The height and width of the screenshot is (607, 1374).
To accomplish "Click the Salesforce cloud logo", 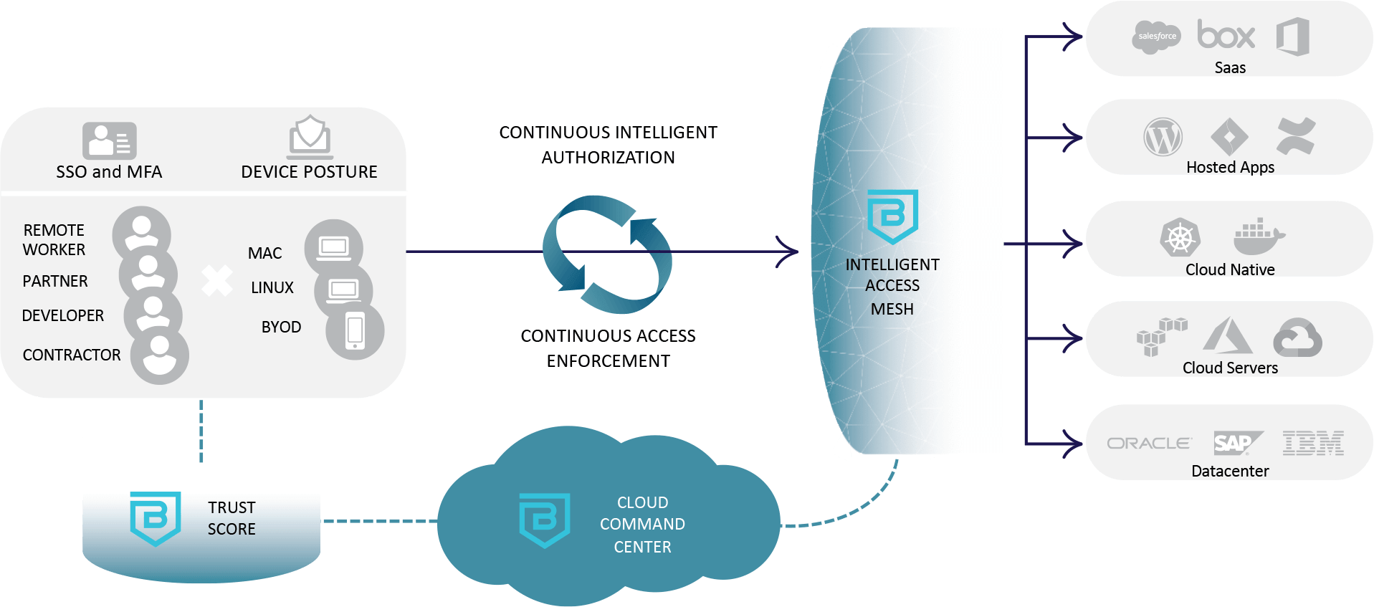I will (x=1156, y=36).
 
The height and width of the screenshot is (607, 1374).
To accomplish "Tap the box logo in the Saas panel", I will (x=1226, y=34).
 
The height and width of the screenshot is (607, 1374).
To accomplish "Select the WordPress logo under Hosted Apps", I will (x=1163, y=137).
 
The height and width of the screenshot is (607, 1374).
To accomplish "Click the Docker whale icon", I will (x=1259, y=236).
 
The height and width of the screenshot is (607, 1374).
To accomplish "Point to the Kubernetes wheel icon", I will (x=1180, y=238).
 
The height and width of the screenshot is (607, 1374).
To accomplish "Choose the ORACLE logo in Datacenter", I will (x=1149, y=444).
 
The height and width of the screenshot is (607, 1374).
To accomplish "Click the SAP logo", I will (x=1236, y=444).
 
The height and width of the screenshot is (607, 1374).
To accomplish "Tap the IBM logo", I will (x=1313, y=444).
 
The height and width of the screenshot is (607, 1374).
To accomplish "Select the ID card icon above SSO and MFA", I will (x=109, y=140).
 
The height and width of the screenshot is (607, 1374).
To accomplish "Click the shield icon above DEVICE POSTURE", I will (x=310, y=136).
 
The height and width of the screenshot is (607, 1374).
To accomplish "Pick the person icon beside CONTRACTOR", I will (x=160, y=355).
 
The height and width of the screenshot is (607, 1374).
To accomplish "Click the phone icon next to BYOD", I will (x=355, y=331).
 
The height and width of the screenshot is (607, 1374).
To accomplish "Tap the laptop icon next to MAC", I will (x=334, y=248).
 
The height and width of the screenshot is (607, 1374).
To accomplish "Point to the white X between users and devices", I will (x=216, y=280).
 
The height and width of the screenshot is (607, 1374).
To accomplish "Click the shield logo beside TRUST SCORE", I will (x=156, y=518).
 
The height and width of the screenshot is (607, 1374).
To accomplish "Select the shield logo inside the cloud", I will (x=544, y=520).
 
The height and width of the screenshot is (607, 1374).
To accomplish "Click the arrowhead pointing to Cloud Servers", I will (x=1072, y=338).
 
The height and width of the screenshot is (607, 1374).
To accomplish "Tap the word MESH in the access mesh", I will (x=892, y=309).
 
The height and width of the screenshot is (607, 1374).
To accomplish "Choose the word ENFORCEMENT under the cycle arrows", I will (x=608, y=361).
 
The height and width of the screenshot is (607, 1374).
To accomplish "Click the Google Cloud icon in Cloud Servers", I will (x=1297, y=338).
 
